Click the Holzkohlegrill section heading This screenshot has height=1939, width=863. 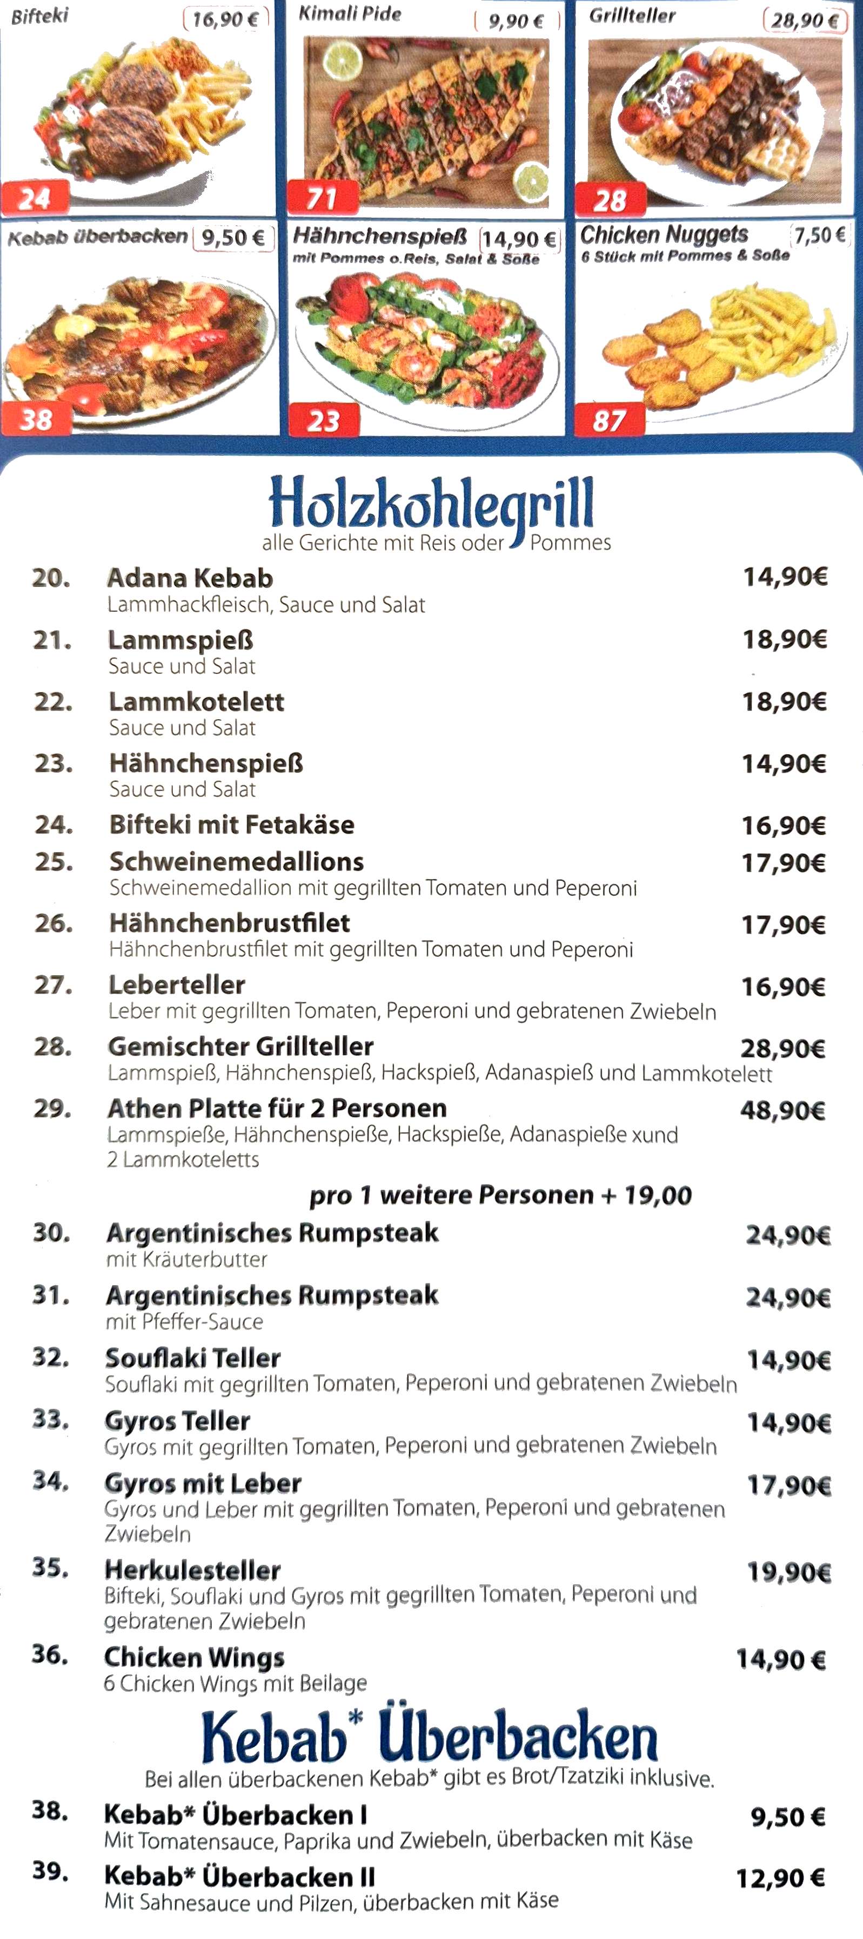coord(431,503)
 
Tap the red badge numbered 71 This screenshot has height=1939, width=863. coord(322,198)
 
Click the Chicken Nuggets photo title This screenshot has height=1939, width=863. coord(664,234)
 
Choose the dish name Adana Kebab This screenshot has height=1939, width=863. coord(190,578)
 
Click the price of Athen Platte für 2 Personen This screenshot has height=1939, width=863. coord(782,1110)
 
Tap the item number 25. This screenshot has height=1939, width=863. coord(53,862)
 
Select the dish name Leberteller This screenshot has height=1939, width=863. coord(177,984)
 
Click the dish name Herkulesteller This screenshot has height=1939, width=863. coord(193,1570)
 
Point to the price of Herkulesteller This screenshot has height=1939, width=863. coord(788,1572)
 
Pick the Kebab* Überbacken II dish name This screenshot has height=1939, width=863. coord(239,1876)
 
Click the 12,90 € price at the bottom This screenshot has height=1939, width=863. coord(780,1879)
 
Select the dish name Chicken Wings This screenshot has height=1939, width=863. coord(195,1657)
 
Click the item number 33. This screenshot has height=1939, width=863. coord(50,1420)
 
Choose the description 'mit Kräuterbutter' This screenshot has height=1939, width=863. coord(187,1259)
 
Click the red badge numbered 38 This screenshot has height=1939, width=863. coord(36,419)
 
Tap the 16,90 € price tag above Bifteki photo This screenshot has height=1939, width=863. coord(225,19)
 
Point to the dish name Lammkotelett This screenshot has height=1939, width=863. coord(197,701)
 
